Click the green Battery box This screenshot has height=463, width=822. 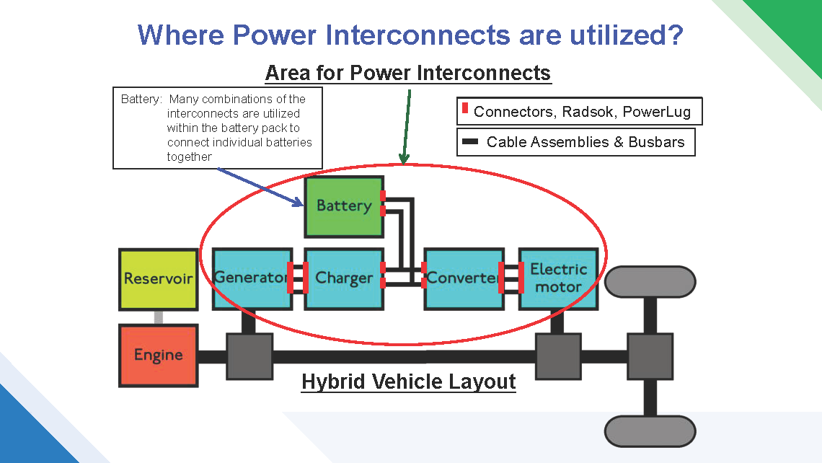click(x=344, y=206)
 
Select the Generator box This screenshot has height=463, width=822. click(x=252, y=278)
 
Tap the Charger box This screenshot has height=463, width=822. click(x=344, y=278)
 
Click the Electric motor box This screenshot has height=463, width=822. click(x=558, y=278)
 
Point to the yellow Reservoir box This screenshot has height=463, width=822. click(x=158, y=279)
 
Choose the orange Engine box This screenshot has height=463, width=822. click(x=158, y=356)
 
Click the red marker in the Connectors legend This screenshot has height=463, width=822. click(x=465, y=109)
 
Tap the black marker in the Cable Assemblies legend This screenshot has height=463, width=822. click(x=470, y=142)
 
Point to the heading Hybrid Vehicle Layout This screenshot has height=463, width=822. click(x=408, y=382)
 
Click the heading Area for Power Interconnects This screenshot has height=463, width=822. click(x=407, y=73)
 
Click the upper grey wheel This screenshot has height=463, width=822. click(x=650, y=282)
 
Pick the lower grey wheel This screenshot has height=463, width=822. click(x=650, y=431)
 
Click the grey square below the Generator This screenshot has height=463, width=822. click(x=249, y=356)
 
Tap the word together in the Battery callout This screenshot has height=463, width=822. click(x=189, y=156)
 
